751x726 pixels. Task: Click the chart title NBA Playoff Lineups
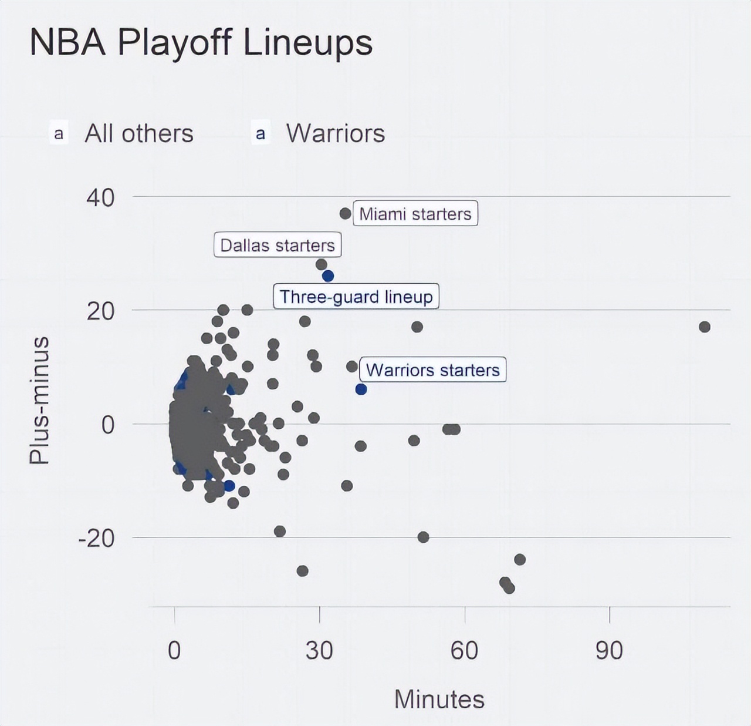click(x=201, y=42)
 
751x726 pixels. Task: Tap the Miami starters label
click(x=415, y=213)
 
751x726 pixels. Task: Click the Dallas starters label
click(x=277, y=245)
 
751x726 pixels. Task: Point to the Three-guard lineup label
click(x=356, y=297)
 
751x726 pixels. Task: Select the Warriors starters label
click(x=432, y=370)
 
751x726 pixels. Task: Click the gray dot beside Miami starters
click(x=346, y=213)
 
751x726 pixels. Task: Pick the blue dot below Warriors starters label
click(x=361, y=389)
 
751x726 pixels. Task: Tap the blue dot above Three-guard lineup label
click(x=328, y=276)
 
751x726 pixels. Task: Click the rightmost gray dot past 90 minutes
click(x=705, y=327)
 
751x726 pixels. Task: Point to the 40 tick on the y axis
click(x=100, y=197)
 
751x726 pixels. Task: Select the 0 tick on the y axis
click(x=107, y=424)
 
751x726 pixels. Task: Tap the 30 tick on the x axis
click(x=319, y=650)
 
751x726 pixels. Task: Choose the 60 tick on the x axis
click(x=464, y=650)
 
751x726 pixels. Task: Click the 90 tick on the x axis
click(x=609, y=650)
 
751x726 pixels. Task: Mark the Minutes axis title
click(x=439, y=699)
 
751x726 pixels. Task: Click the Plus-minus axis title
click(x=39, y=400)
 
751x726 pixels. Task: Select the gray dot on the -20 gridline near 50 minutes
click(x=423, y=537)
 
